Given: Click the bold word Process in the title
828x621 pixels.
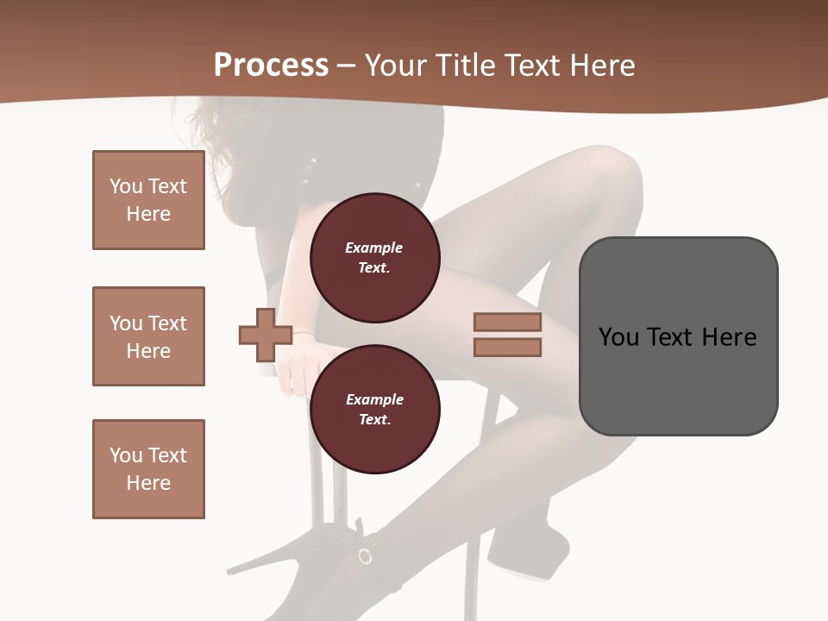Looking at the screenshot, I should [271, 66].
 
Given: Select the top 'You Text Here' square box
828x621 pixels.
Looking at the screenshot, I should [148, 200].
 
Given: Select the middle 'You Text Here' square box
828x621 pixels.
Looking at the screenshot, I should [148, 336].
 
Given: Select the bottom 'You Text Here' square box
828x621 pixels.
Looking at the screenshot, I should [148, 469].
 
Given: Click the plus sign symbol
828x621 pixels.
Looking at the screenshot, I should [265, 335].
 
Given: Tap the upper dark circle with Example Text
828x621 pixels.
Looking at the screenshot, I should [374, 258].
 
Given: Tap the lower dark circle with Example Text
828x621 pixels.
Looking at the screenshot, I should [374, 410].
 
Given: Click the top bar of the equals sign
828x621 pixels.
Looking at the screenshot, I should [507, 323].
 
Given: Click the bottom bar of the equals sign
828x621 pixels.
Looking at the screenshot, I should [507, 348].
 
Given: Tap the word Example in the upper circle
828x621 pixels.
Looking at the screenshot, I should [373, 248].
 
